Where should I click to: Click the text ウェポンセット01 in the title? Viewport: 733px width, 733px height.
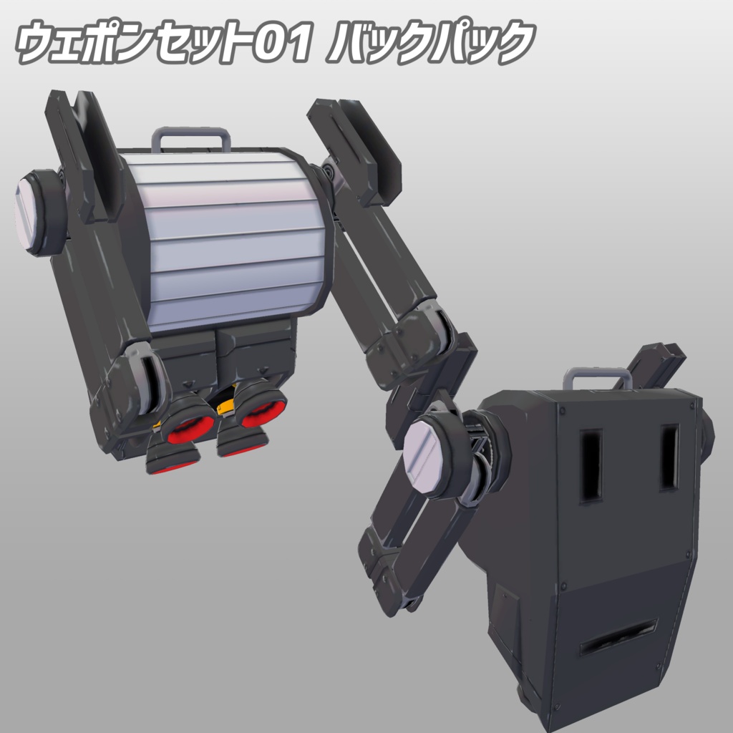point(164,42)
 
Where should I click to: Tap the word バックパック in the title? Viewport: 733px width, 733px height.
point(431,42)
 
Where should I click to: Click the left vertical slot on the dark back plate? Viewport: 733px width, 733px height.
point(591,466)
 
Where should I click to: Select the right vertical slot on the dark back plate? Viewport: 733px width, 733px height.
point(670,458)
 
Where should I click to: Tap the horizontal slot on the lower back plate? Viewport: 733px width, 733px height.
point(618,638)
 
